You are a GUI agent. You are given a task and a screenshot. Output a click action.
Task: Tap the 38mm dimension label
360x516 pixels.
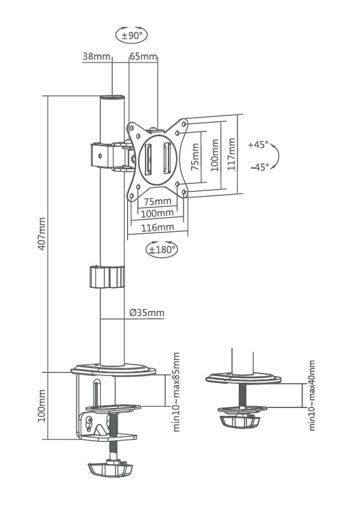(x=96, y=57)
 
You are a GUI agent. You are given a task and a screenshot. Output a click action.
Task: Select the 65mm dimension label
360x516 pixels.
(x=143, y=57)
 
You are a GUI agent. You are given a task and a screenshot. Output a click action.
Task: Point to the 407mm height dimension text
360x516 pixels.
(x=43, y=234)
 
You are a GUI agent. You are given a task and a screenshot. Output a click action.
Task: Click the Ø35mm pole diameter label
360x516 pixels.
(x=146, y=313)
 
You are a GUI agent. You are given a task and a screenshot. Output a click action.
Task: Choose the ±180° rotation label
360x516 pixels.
(x=162, y=250)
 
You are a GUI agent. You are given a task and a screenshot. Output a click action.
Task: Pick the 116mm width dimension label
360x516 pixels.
(x=157, y=227)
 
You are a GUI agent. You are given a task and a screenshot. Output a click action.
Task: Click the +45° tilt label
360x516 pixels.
(x=259, y=144)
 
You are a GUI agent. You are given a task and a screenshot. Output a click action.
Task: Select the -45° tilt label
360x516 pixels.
(x=259, y=167)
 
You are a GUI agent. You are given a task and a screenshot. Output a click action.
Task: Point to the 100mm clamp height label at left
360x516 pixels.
(x=43, y=406)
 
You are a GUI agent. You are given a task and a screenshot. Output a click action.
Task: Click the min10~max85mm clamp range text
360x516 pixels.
(x=177, y=391)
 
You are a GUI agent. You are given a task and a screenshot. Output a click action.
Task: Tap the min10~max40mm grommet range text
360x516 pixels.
(x=312, y=395)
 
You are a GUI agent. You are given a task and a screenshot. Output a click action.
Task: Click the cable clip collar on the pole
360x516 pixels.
(x=106, y=277)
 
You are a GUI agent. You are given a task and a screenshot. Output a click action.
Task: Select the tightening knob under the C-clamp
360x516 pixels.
(x=111, y=469)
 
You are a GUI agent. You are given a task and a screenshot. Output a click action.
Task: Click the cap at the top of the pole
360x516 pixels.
(x=112, y=98)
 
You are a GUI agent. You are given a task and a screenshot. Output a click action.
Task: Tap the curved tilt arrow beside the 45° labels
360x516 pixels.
(x=275, y=156)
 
